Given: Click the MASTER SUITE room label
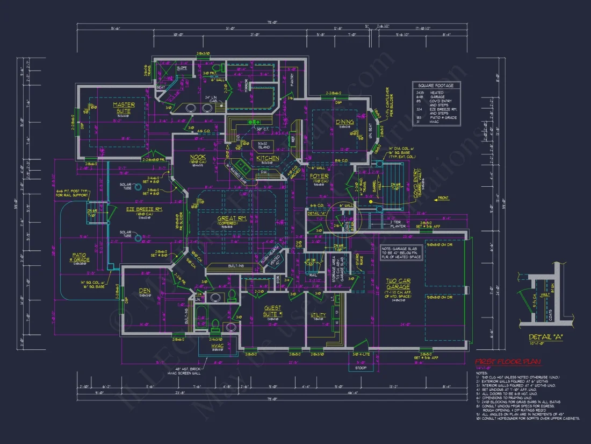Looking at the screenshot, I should point(124,108).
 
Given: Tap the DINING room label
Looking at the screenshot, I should point(345,122).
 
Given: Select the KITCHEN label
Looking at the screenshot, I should point(267,158).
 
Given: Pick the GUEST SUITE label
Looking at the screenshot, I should point(273,311).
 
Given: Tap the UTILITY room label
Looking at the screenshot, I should point(319,315).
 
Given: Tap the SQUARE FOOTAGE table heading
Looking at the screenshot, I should point(436,86).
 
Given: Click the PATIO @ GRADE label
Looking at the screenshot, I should point(81,257).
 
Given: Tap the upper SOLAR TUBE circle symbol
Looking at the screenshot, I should point(139,187).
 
